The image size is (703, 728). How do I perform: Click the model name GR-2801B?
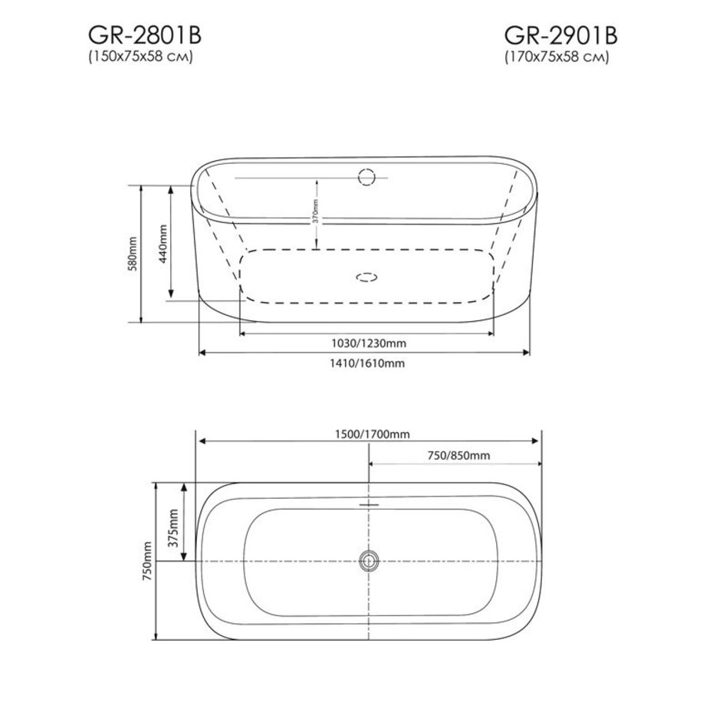[145, 35]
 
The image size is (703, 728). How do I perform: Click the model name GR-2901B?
[560, 35]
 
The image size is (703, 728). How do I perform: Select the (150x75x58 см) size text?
[141, 57]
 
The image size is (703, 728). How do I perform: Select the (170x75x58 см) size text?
[557, 57]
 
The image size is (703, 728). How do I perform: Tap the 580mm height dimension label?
[133, 254]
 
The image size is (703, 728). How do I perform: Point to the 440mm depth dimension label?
[163, 244]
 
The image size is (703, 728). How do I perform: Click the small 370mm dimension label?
[315, 212]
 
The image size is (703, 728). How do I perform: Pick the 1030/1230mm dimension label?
[369, 343]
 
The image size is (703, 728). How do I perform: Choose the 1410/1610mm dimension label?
[367, 363]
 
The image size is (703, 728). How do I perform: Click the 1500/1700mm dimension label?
[373, 434]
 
